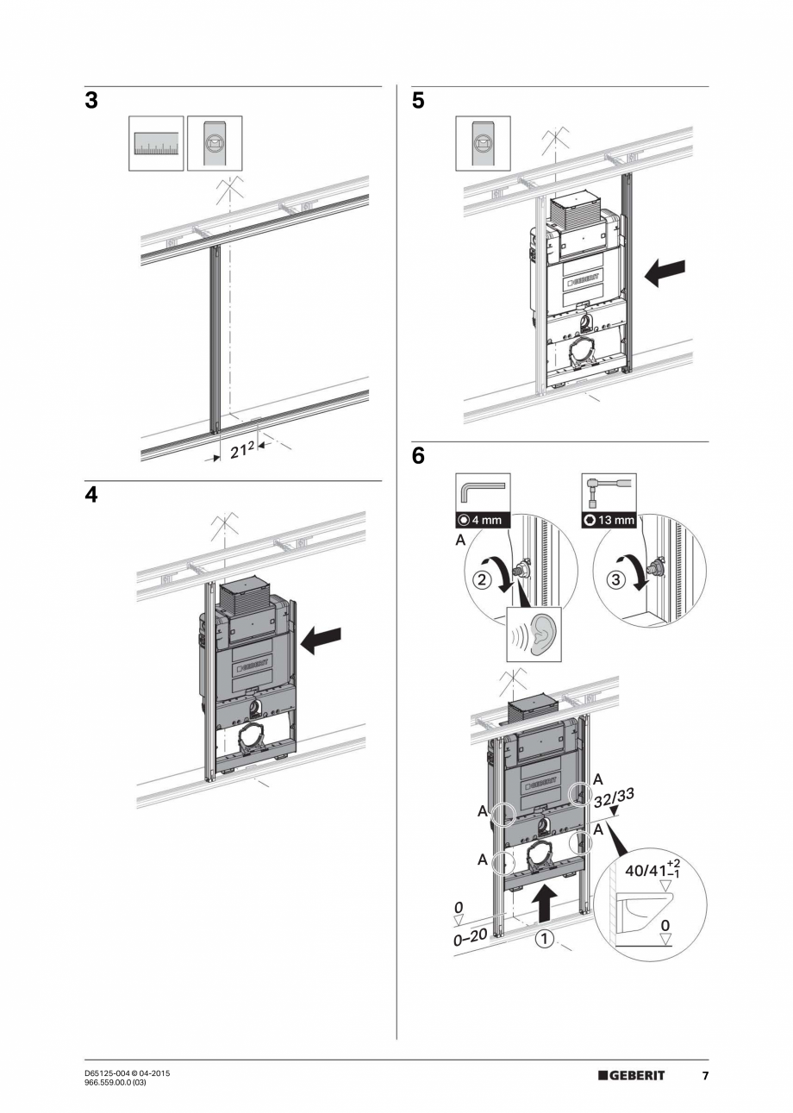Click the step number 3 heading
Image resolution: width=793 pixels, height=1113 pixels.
point(91,101)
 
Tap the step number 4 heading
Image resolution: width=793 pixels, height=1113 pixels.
point(91,497)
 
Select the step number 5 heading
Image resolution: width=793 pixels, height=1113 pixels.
point(419,101)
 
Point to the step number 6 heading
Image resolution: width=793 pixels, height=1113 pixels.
point(419,456)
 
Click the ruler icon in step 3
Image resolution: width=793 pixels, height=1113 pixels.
point(156,143)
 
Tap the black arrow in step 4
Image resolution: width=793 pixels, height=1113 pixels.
point(321,638)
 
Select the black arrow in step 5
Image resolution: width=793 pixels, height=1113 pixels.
point(665,272)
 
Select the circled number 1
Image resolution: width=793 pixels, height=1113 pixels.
point(544,939)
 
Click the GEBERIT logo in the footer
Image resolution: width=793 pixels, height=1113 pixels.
point(632,1075)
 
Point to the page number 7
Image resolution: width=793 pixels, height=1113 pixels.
point(704,1075)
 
